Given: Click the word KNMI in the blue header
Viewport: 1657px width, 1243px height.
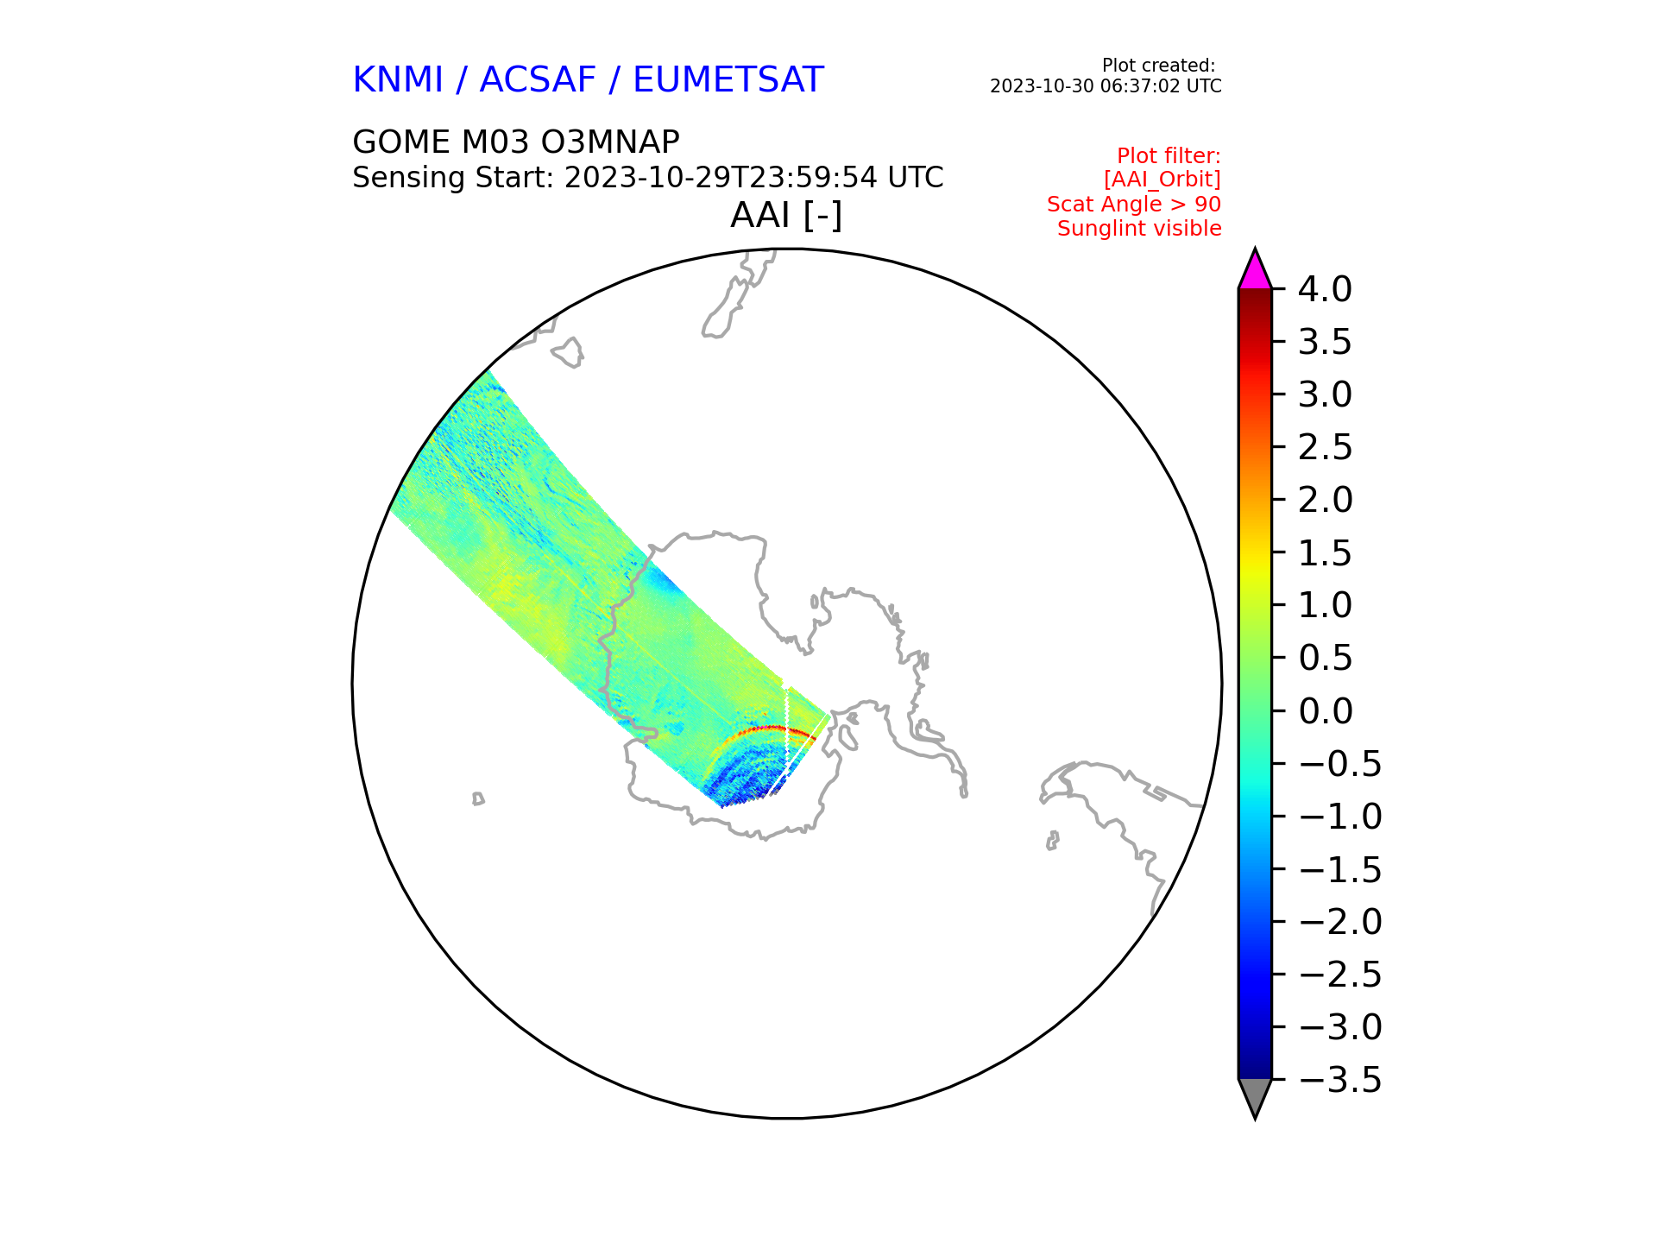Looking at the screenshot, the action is coord(398,80).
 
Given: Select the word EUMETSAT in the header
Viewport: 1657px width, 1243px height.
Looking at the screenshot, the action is coord(728,80).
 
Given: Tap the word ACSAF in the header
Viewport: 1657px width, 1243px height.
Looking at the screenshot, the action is coord(538,80).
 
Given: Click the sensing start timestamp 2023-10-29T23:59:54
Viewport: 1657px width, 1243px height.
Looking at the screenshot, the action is coord(721,178).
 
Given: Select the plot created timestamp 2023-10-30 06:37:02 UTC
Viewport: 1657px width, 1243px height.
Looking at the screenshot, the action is coord(1106,86).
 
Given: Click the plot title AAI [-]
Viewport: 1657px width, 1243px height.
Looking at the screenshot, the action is coord(786,216).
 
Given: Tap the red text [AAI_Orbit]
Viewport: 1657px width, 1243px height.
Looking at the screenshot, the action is coord(1162,180).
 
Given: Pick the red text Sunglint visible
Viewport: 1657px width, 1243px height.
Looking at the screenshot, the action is coord(1139,229).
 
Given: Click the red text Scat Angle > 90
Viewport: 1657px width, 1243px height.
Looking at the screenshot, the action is coord(1134,205).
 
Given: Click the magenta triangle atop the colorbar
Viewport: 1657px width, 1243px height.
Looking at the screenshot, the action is coord(1255,271).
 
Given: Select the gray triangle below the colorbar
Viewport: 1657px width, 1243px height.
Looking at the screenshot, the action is coord(1255,1096).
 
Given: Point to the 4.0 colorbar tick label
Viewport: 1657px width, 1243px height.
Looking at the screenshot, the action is coord(1326,289).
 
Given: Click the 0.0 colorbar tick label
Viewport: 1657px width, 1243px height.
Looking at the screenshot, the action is coord(1326,711).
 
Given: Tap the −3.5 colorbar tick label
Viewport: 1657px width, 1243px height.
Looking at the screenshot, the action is coord(1340,1080).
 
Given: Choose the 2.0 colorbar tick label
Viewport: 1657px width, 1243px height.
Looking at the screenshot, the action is coord(1326,500).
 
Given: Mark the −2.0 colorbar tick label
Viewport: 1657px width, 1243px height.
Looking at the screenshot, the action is coord(1340,922).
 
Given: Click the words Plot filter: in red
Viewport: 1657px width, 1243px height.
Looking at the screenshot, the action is coord(1169,156).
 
